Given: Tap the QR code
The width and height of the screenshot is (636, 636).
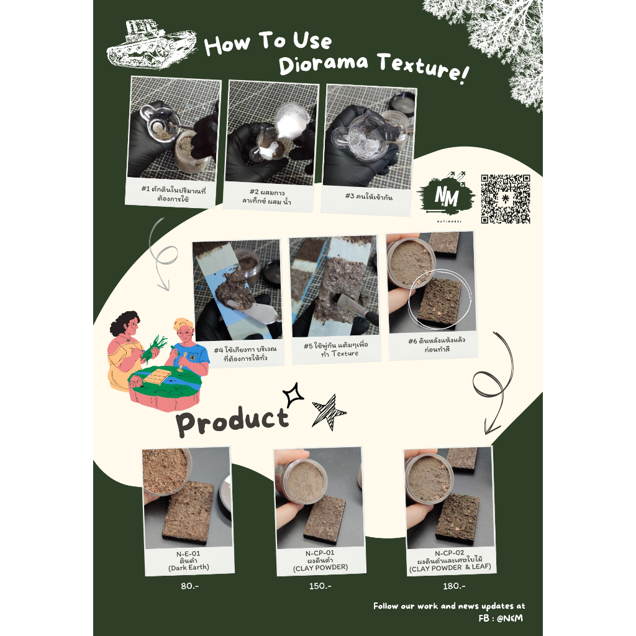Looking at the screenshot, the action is tap(506, 199).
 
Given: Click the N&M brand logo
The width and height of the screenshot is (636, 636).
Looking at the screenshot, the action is tap(446, 196).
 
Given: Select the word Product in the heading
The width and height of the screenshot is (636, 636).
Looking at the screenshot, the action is tap(232, 422).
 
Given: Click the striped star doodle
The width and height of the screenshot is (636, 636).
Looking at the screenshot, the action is tap(328, 412).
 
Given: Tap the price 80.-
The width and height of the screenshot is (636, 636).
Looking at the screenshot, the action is tap(190, 586).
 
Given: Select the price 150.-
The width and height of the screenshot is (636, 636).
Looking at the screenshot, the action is tap(320, 586).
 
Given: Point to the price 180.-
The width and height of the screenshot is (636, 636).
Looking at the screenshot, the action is tap(454, 586).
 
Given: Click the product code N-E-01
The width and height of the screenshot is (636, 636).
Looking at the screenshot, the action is tap(188, 553).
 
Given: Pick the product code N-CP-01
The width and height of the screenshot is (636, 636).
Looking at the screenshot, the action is tap(320, 553).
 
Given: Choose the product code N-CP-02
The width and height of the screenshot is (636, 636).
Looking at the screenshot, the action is tap(450, 553).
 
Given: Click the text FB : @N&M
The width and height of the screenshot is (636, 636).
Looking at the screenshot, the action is tap(501, 618).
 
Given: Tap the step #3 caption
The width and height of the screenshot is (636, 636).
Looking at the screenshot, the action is tap(369, 197).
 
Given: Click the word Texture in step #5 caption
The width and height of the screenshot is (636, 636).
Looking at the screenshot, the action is tap(345, 353).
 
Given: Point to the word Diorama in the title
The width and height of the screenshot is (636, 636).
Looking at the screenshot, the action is tap(323, 65).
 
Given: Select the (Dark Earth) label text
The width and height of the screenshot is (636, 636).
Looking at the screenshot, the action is tap(189, 568).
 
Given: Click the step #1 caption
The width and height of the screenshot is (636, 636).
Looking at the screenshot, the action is tap(174, 194).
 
